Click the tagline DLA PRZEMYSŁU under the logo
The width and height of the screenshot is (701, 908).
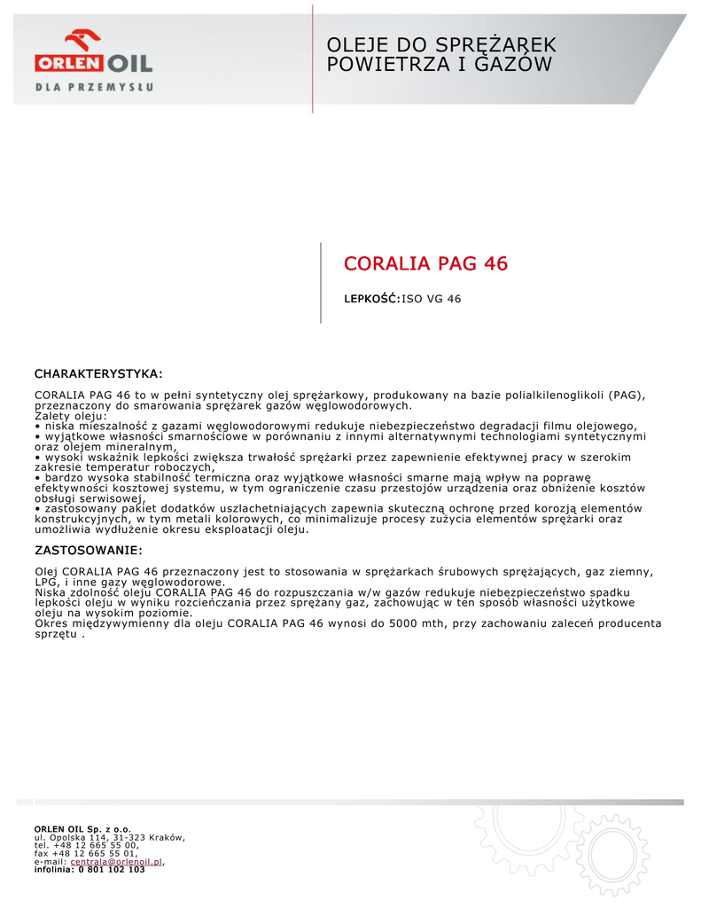click(95, 87)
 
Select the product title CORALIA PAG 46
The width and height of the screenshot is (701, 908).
click(425, 263)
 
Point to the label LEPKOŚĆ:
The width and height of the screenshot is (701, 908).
click(372, 299)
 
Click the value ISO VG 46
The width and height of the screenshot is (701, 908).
click(432, 299)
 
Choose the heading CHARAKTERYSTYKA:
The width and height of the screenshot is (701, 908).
click(98, 373)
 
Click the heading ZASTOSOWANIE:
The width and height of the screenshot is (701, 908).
click(87, 551)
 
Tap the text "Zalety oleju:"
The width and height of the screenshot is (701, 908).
click(70, 416)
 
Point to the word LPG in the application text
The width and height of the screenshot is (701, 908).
click(45, 582)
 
